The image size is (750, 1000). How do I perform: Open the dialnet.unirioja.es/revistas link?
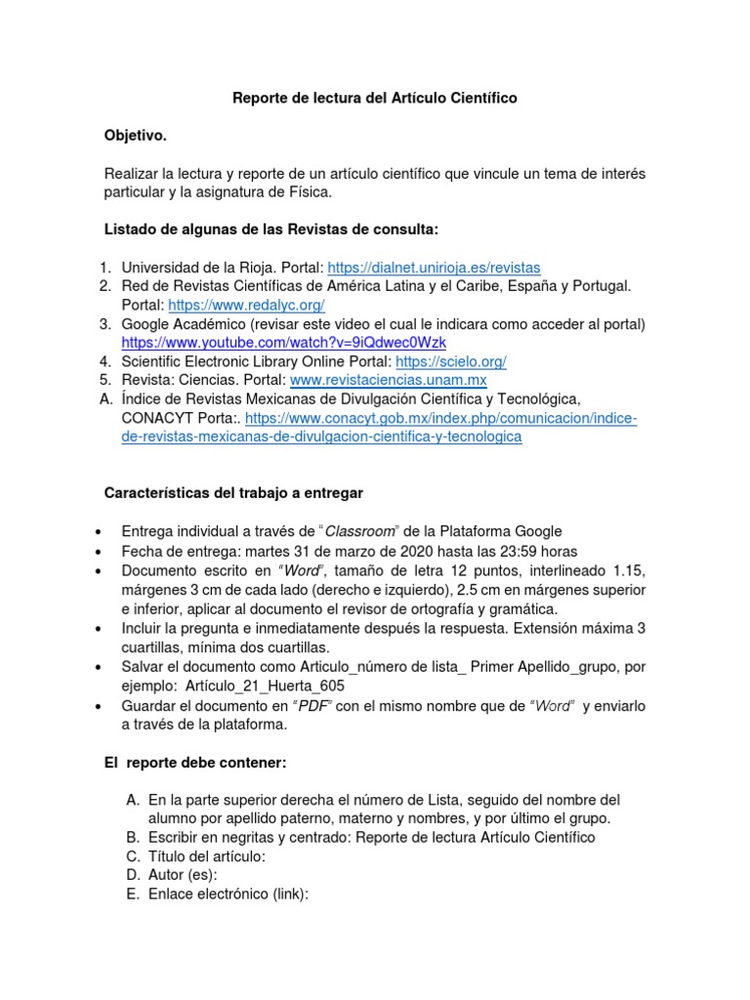pos(433,268)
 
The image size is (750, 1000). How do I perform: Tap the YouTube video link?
pos(283,343)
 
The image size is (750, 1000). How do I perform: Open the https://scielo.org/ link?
pos(458,361)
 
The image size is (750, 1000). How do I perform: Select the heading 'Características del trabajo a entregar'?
pos(233,493)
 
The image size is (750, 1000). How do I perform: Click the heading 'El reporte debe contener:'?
pos(195,762)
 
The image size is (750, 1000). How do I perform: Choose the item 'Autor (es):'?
pos(182,875)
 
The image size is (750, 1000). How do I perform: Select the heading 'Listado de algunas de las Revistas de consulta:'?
pos(271,229)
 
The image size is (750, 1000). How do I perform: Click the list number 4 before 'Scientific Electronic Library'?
pos(104,361)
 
